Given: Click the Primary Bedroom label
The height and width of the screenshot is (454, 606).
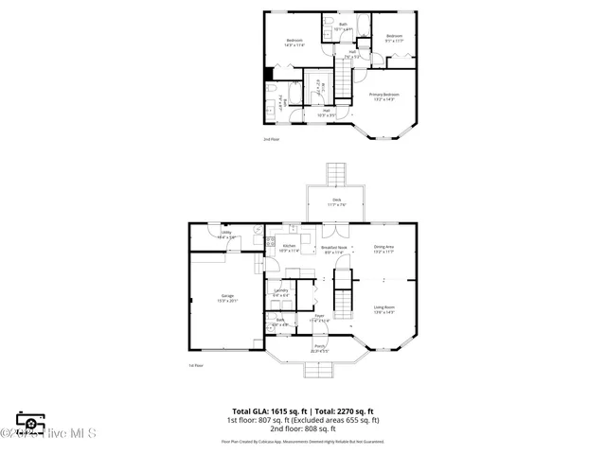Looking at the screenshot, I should click(383, 96).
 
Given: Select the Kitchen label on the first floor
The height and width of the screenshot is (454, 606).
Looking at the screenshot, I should click(290, 249).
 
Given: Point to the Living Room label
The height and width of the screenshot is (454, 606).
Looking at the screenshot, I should click(383, 308).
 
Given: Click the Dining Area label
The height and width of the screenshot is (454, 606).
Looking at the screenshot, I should click(383, 250).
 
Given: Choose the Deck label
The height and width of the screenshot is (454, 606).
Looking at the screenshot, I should click(337, 201).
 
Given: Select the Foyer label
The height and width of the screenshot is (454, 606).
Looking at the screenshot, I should click(320, 319).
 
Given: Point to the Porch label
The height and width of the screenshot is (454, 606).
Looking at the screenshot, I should click(320, 347).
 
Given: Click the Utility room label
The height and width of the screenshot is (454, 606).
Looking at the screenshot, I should click(226, 235).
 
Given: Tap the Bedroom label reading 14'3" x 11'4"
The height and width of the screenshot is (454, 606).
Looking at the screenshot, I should click(294, 42).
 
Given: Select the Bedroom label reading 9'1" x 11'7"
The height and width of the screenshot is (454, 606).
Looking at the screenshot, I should click(394, 38).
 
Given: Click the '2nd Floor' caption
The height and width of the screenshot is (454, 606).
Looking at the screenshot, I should click(272, 139).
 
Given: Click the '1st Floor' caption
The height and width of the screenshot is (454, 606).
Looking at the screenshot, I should click(196, 365).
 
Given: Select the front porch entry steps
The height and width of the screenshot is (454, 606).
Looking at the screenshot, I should click(320, 370).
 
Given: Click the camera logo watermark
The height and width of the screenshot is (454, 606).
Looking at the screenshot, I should click(31, 422).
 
